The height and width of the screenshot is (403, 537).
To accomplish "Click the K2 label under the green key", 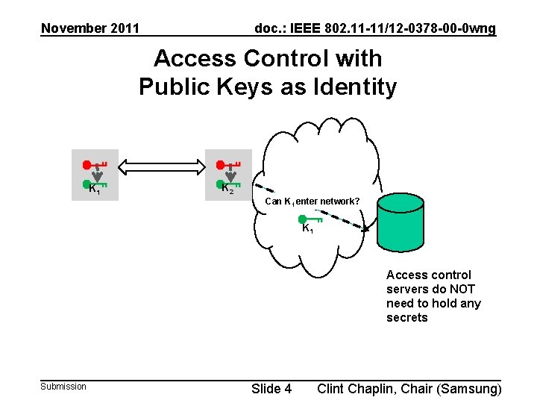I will (x=227, y=189).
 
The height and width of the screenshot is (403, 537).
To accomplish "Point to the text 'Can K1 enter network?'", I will (x=313, y=201).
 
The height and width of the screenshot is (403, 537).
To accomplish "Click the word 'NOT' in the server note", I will (x=462, y=289).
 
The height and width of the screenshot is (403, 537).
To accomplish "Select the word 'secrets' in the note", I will (x=407, y=317).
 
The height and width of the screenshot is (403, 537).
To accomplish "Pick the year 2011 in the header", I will (x=125, y=28).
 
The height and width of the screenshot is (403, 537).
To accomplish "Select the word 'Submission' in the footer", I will (x=63, y=386).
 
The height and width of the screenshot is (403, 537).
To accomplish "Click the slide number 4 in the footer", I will (x=288, y=388).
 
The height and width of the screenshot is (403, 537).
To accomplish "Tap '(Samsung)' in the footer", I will (x=469, y=388).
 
